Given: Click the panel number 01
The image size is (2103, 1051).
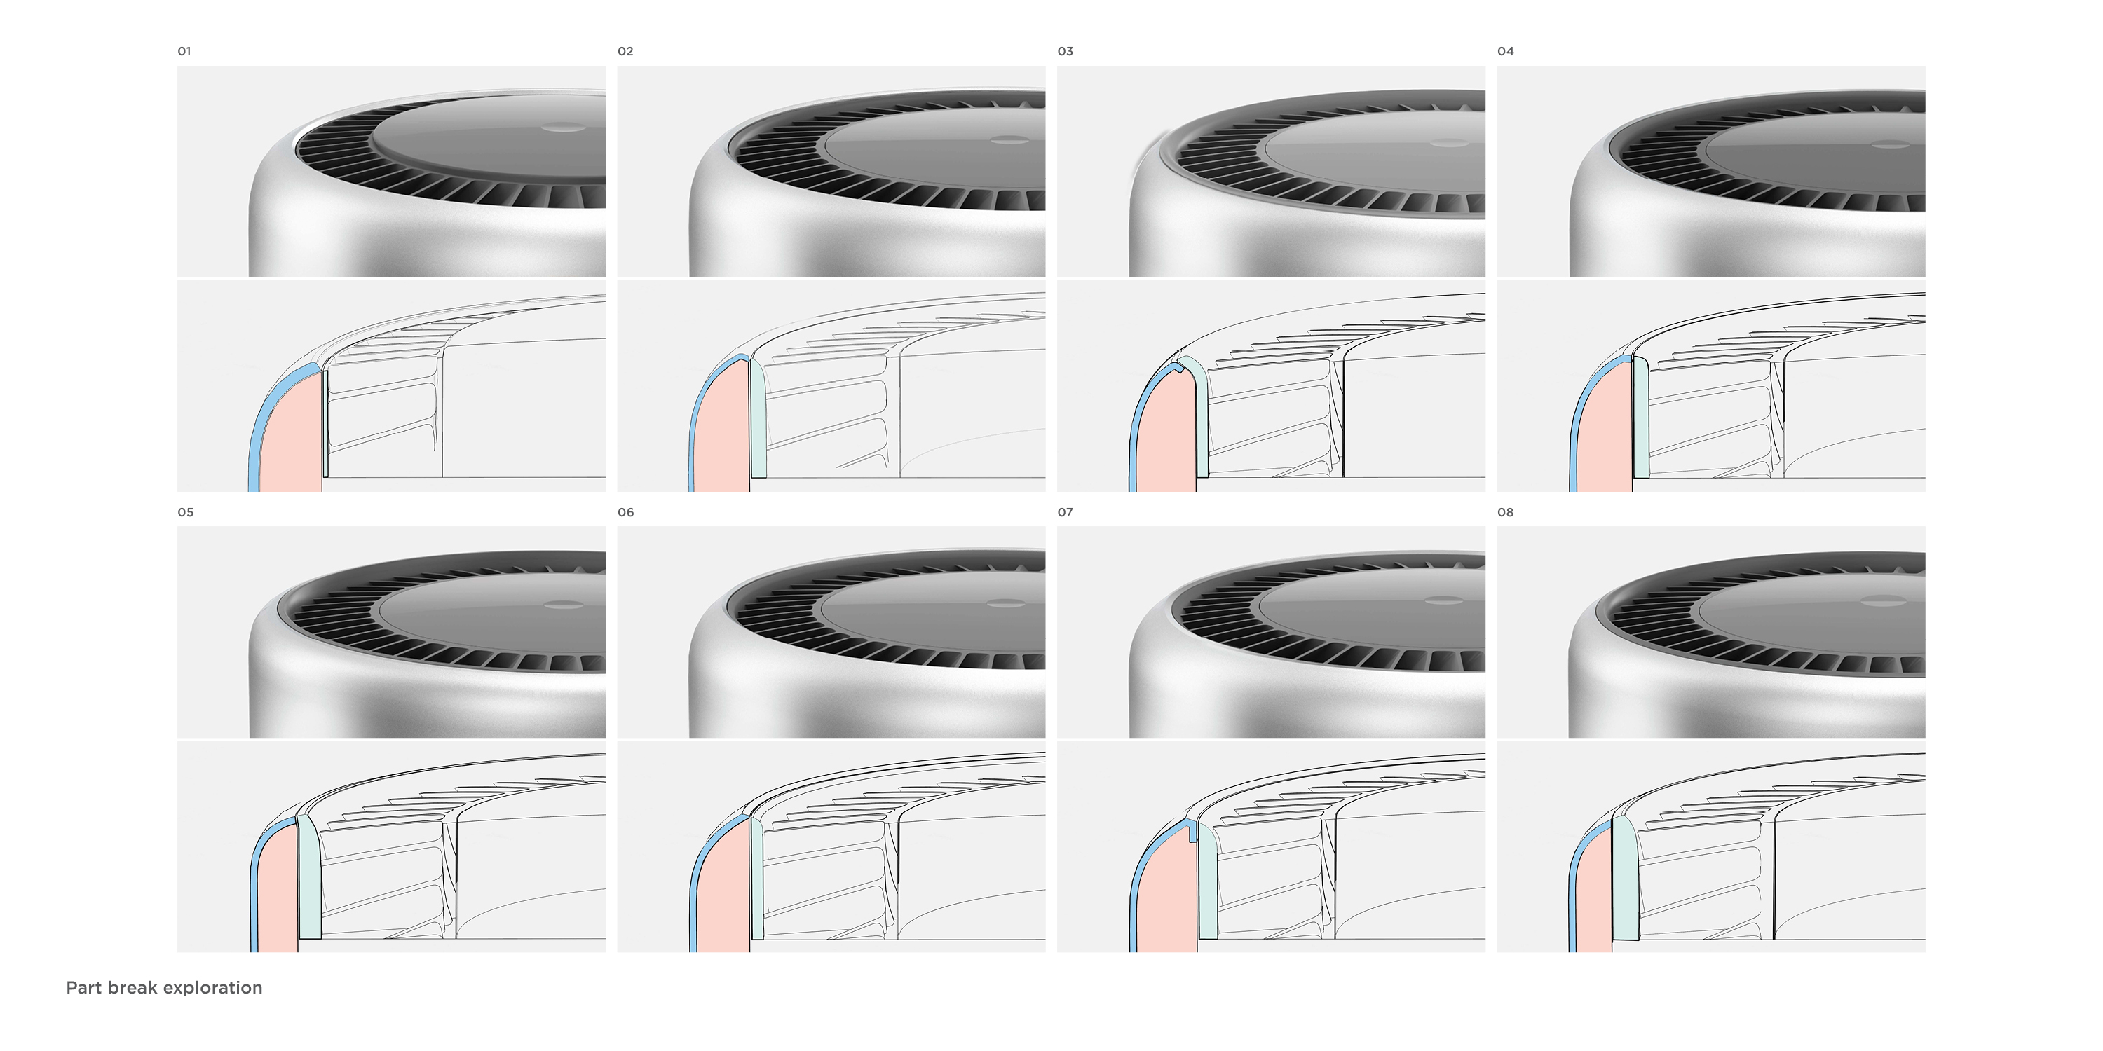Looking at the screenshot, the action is pyautogui.click(x=184, y=51).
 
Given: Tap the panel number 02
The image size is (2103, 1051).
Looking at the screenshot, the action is pyautogui.click(x=625, y=51).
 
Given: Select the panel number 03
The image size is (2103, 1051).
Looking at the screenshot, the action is pyautogui.click(x=1066, y=51).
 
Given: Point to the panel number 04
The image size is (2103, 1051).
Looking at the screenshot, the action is pyautogui.click(x=1506, y=51).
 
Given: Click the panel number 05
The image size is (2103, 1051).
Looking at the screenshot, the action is pyautogui.click(x=185, y=512).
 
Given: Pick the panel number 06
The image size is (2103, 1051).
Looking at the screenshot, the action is pyautogui.click(x=625, y=512).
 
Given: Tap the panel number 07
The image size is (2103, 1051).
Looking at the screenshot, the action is pyautogui.click(x=1066, y=512).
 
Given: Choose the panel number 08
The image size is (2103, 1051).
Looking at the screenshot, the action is pyautogui.click(x=1506, y=512).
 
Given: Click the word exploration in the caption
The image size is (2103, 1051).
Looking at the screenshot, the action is pyautogui.click(x=212, y=988).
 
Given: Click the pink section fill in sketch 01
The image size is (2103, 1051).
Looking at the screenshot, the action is pyautogui.click(x=292, y=437).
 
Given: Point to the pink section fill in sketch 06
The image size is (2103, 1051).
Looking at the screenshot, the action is pyautogui.click(x=725, y=893).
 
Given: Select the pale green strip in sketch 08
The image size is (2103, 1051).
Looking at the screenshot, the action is pyautogui.click(x=1626, y=879).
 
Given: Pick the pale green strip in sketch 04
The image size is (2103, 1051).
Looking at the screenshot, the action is pyautogui.click(x=1641, y=418).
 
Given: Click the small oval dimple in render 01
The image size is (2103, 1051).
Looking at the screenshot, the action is pyautogui.click(x=564, y=128).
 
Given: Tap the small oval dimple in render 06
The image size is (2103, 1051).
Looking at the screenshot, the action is pyautogui.click(x=1006, y=604).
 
